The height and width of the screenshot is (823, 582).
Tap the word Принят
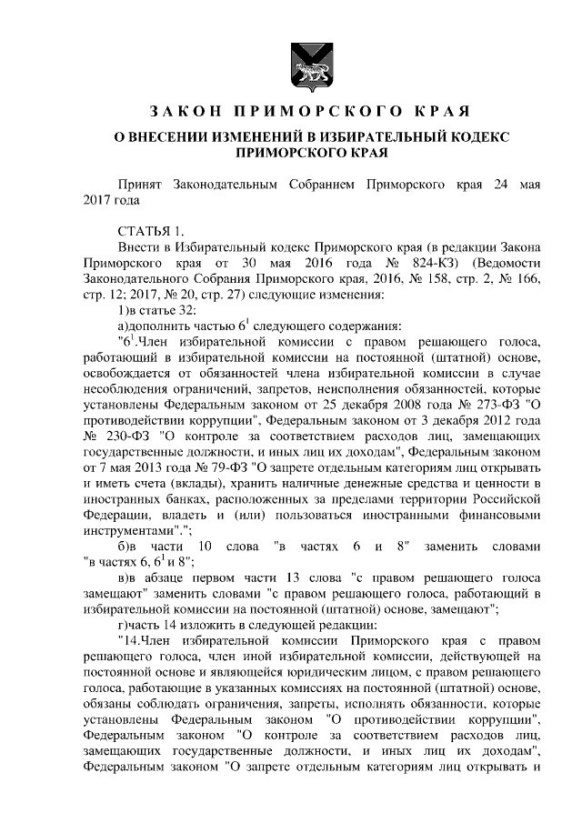[144, 185]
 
